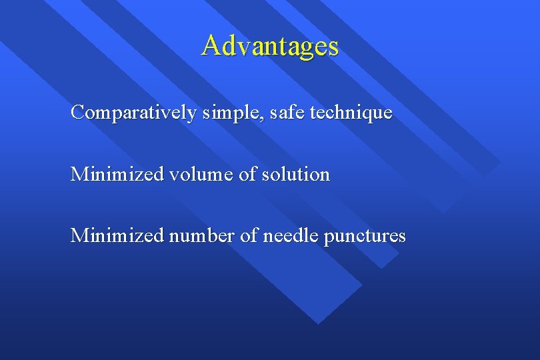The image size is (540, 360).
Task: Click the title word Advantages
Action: pyautogui.click(x=270, y=46)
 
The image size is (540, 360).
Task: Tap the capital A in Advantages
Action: pyautogui.click(x=211, y=45)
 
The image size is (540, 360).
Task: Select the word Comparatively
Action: pyautogui.click(x=133, y=113)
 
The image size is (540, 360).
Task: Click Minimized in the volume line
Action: pyautogui.click(x=117, y=175)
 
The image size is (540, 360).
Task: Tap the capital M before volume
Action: pyautogui.click(x=79, y=175)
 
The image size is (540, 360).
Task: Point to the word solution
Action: pyautogui.click(x=297, y=175)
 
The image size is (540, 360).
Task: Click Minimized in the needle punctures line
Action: pyautogui.click(x=117, y=235)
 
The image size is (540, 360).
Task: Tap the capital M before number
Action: pyautogui.click(x=79, y=235)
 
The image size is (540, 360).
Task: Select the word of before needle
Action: pyautogui.click(x=248, y=235)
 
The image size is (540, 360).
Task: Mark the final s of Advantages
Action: pyautogui.click(x=333, y=47)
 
